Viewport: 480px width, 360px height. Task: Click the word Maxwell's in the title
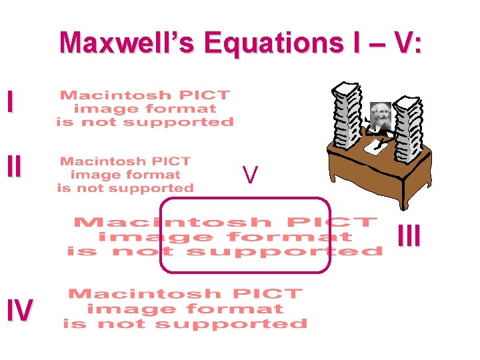127,43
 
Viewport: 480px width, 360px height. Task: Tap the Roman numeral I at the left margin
9,101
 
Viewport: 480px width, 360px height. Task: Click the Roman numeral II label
13,167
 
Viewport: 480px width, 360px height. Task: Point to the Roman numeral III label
409,237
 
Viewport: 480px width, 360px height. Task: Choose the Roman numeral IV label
19,310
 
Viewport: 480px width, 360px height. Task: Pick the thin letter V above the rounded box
250,175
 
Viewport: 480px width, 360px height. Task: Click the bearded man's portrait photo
380,115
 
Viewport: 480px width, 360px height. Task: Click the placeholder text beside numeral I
145,109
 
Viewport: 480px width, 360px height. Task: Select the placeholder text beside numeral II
125,175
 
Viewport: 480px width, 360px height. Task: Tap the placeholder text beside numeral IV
185,309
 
